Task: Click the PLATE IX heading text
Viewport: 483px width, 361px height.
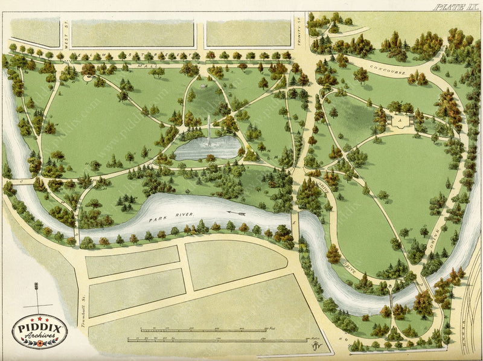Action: (x=455, y=7)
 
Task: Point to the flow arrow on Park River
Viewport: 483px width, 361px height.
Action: (x=236, y=212)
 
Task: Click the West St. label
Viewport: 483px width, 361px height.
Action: (x=66, y=41)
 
